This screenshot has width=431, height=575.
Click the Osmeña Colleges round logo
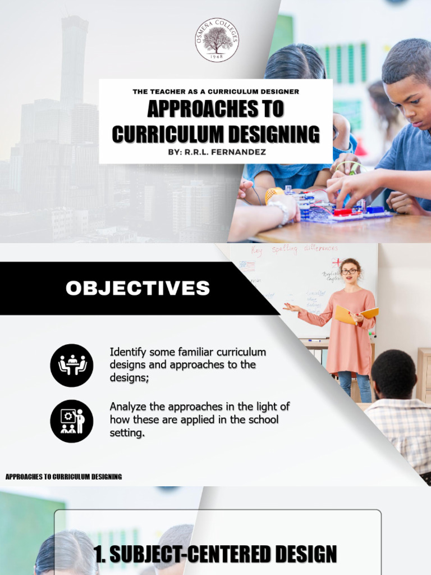(x=217, y=39)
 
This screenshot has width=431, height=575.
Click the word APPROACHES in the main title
(x=215, y=109)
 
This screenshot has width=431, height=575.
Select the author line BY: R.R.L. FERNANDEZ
(x=215, y=152)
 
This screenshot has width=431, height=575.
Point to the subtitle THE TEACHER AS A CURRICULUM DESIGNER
(x=215, y=91)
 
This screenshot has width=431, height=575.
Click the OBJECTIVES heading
(x=137, y=289)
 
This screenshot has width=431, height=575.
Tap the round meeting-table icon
(x=71, y=365)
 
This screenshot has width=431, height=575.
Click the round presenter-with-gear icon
(x=71, y=421)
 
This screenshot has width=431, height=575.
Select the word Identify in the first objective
(x=127, y=353)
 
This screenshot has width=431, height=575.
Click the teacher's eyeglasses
(x=350, y=271)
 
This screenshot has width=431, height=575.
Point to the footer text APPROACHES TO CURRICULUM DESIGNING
(x=63, y=477)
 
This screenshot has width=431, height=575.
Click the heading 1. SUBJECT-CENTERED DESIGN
(x=215, y=554)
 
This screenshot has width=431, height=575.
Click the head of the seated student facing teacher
(x=393, y=373)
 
